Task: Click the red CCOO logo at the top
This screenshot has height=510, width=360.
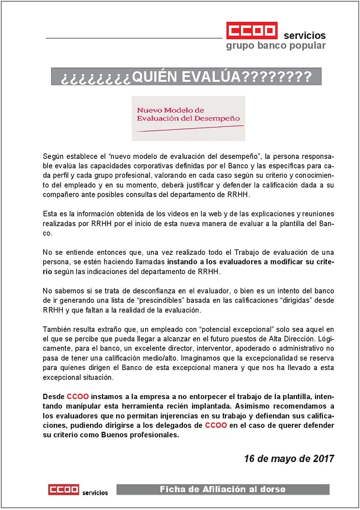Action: tap(252, 31)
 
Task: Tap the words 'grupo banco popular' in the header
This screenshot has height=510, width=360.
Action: tap(276, 46)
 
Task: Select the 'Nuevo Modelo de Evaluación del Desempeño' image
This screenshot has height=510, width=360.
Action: tap(188, 118)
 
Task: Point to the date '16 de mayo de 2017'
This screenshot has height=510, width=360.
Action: tap(289, 459)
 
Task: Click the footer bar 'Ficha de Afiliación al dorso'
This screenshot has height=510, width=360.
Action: tap(223, 490)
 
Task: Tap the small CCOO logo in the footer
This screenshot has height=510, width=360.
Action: tap(63, 490)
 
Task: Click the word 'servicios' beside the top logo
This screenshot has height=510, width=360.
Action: tap(304, 35)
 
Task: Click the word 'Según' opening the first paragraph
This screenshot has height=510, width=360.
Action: tap(53, 157)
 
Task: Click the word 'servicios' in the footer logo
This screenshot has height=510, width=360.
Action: tap(95, 493)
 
